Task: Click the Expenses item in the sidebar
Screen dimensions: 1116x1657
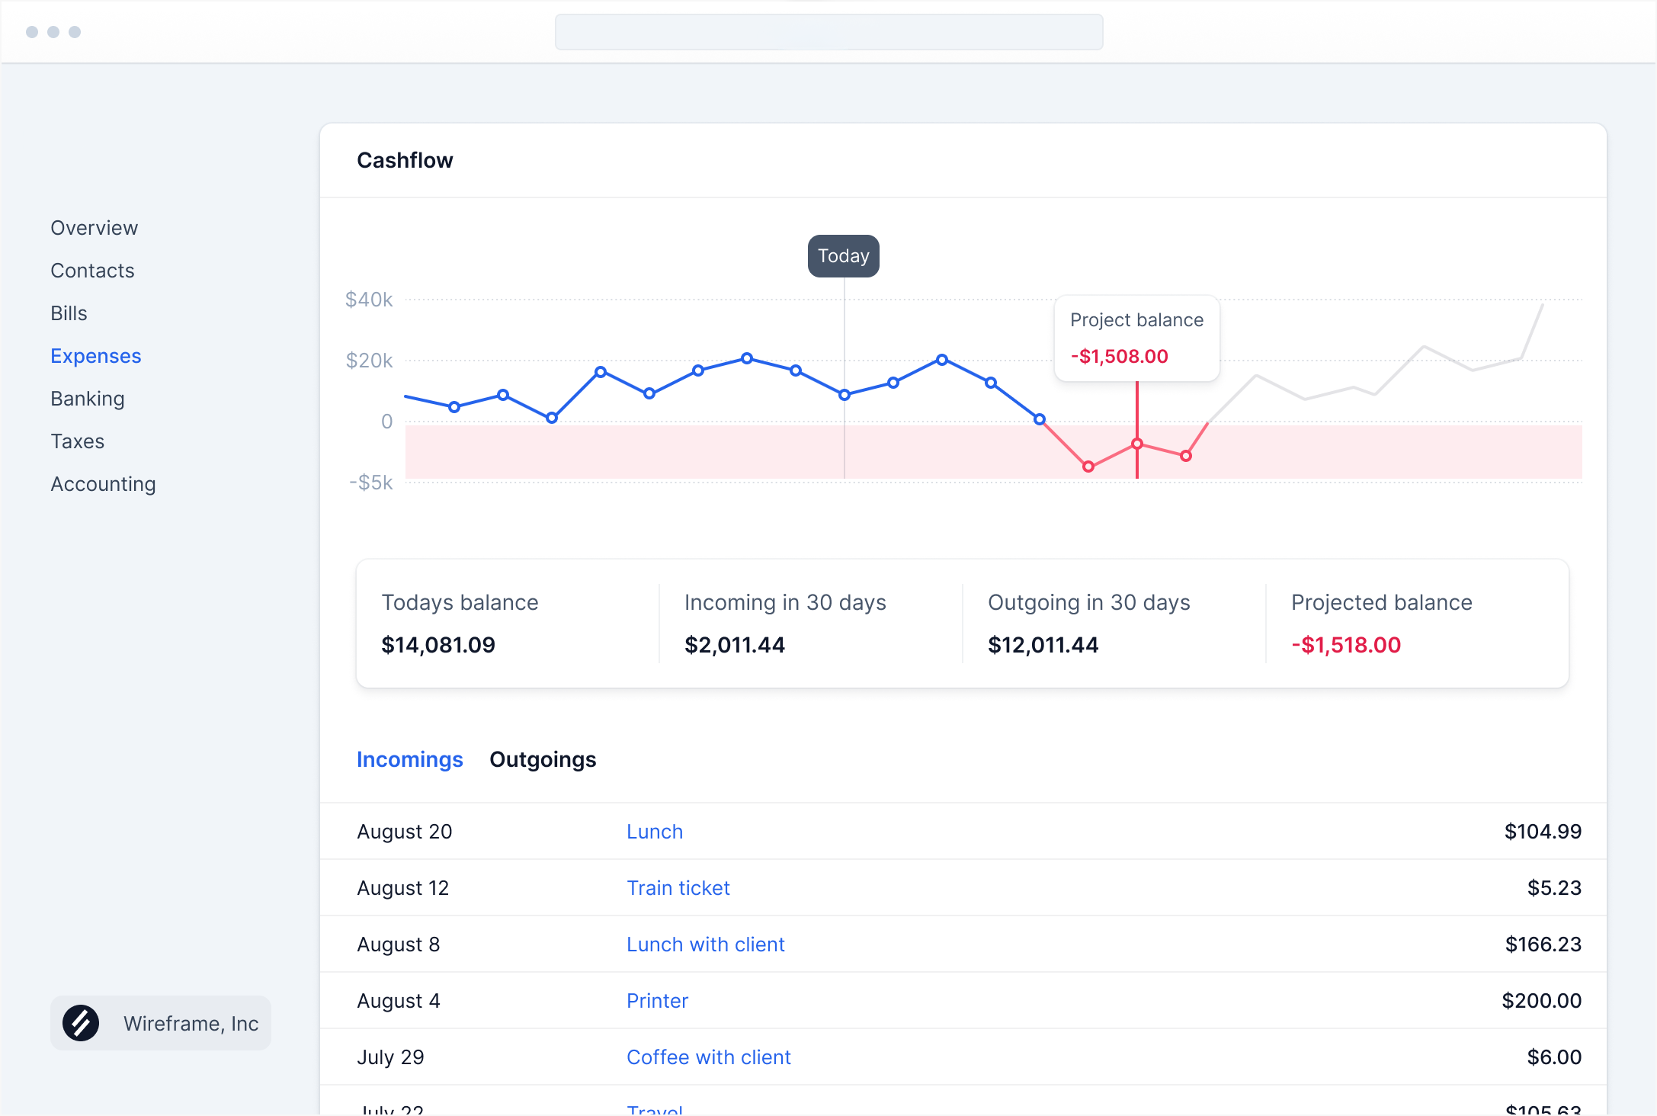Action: [x=95, y=356]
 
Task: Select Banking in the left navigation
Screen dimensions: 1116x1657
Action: [x=87, y=399]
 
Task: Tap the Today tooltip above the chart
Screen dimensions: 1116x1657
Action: [x=843, y=256]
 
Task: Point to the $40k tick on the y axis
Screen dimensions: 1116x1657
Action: [x=369, y=300]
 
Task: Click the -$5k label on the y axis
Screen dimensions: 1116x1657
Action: [x=371, y=483]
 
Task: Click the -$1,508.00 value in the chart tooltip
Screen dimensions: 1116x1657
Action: [x=1119, y=357]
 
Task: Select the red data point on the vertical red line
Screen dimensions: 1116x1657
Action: [x=1136, y=444]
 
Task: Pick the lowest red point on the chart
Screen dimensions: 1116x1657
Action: [x=1088, y=467]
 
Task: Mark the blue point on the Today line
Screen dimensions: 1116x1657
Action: [x=844, y=395]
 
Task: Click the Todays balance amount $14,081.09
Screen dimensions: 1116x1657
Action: [x=438, y=645]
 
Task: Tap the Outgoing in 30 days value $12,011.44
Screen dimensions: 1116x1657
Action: [x=1043, y=645]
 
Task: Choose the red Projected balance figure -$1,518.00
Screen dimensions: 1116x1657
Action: [x=1345, y=645]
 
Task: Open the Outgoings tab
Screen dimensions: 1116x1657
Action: [x=543, y=759]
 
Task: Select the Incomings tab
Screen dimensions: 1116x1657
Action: [x=409, y=759]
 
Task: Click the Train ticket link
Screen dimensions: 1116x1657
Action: [x=678, y=888]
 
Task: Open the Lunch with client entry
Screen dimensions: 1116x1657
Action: [x=705, y=944]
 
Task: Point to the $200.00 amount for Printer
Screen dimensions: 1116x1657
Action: [x=1541, y=1001]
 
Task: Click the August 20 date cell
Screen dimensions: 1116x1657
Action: [x=404, y=832]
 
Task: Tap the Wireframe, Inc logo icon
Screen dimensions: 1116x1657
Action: [x=81, y=1023]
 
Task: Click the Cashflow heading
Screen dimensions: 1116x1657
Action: [x=405, y=160]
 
